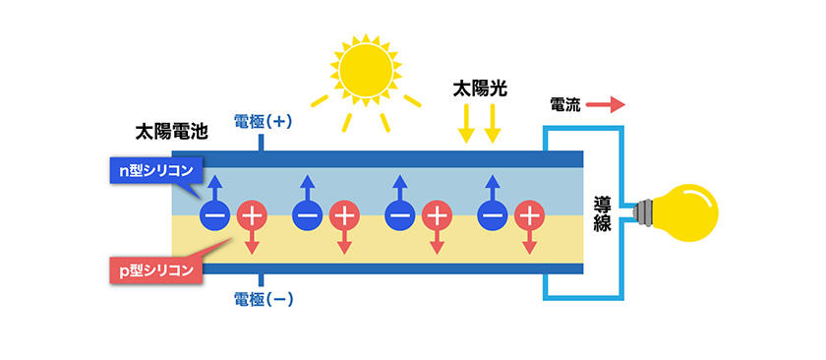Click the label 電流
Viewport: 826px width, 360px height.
tap(565, 103)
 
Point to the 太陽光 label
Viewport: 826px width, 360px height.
tap(478, 88)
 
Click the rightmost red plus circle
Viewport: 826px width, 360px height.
tap(529, 215)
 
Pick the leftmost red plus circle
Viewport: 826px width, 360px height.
tap(252, 215)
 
